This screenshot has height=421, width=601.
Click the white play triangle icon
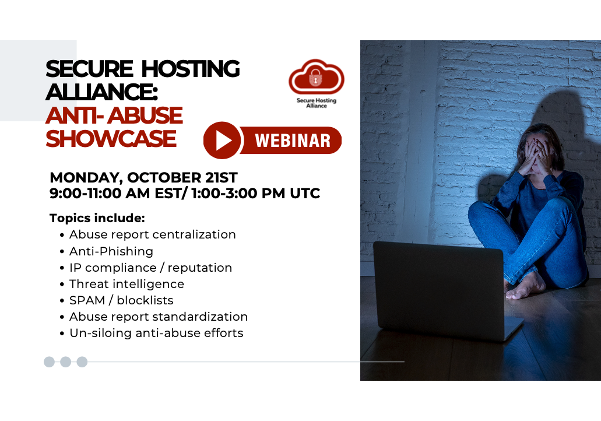[223, 141]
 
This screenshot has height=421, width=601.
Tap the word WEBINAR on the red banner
[293, 141]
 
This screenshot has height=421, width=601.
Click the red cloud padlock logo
[316, 77]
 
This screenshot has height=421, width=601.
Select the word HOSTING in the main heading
[191, 69]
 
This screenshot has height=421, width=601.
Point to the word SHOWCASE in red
[111, 138]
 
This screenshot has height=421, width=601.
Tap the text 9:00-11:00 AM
[100, 193]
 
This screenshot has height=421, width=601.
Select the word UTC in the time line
[305, 193]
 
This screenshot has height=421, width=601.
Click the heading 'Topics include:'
[97, 217]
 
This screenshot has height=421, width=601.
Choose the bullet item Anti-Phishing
[111, 251]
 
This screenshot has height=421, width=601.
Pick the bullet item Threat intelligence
[126, 284]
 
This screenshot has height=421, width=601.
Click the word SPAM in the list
[87, 300]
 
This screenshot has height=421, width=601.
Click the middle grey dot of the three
[65, 362]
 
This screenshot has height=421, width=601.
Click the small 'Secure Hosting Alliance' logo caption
[316, 103]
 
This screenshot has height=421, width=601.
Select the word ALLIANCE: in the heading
[102, 92]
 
